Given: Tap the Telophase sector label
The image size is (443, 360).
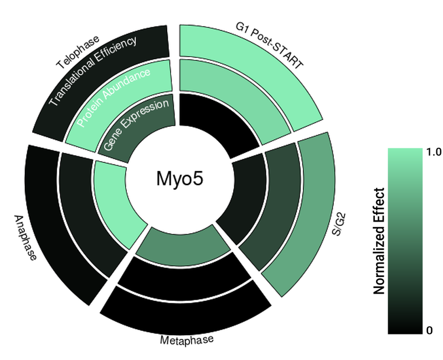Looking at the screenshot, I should pos(78,53).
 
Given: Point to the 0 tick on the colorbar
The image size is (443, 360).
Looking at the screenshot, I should pos(429,331).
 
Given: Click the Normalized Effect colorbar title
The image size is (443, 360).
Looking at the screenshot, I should pos(379,241).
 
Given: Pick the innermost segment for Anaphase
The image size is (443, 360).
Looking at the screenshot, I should pos(114,199).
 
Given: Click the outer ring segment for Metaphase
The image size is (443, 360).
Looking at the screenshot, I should pos(186,313).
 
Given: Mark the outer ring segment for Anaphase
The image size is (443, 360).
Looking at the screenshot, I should pos(53,222).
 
